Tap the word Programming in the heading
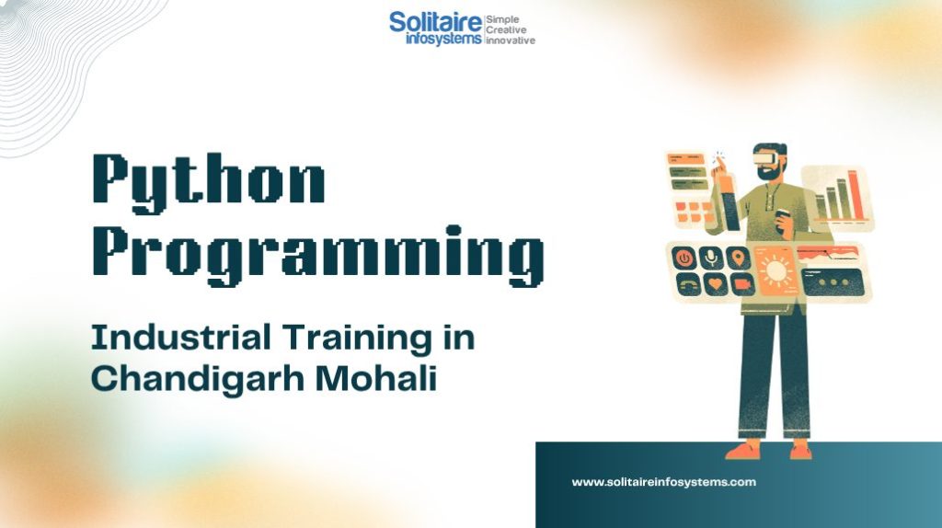[x=318, y=255]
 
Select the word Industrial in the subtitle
[x=181, y=337]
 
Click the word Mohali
[x=376, y=378]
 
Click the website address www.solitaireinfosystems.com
[x=664, y=482]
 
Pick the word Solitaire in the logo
[x=435, y=22]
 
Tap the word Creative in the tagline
[x=506, y=30]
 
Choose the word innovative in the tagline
[x=510, y=40]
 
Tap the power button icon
[x=684, y=258]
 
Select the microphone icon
[x=711, y=258]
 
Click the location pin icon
[x=739, y=258]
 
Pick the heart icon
[x=715, y=283]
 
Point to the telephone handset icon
[x=688, y=284]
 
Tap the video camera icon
[x=742, y=283]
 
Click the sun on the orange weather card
[x=775, y=270]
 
